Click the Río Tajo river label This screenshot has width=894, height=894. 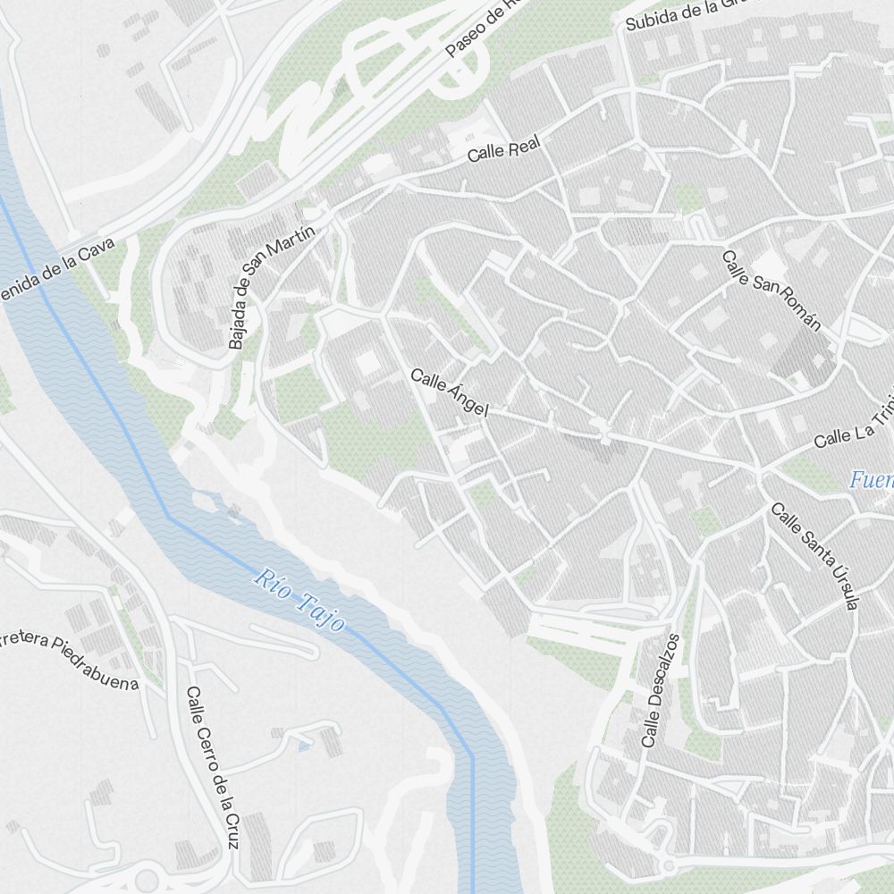tap(299, 600)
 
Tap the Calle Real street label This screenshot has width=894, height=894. tap(504, 149)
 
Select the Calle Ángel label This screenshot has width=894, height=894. tap(450, 392)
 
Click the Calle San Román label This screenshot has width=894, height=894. tap(771, 291)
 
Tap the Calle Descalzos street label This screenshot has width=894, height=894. tap(661, 690)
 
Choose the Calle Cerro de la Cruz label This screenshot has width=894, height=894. tap(213, 767)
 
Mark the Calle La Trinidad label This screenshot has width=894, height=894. tap(854, 429)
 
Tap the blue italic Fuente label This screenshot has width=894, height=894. tap(871, 480)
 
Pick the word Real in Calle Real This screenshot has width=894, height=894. tap(524, 145)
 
